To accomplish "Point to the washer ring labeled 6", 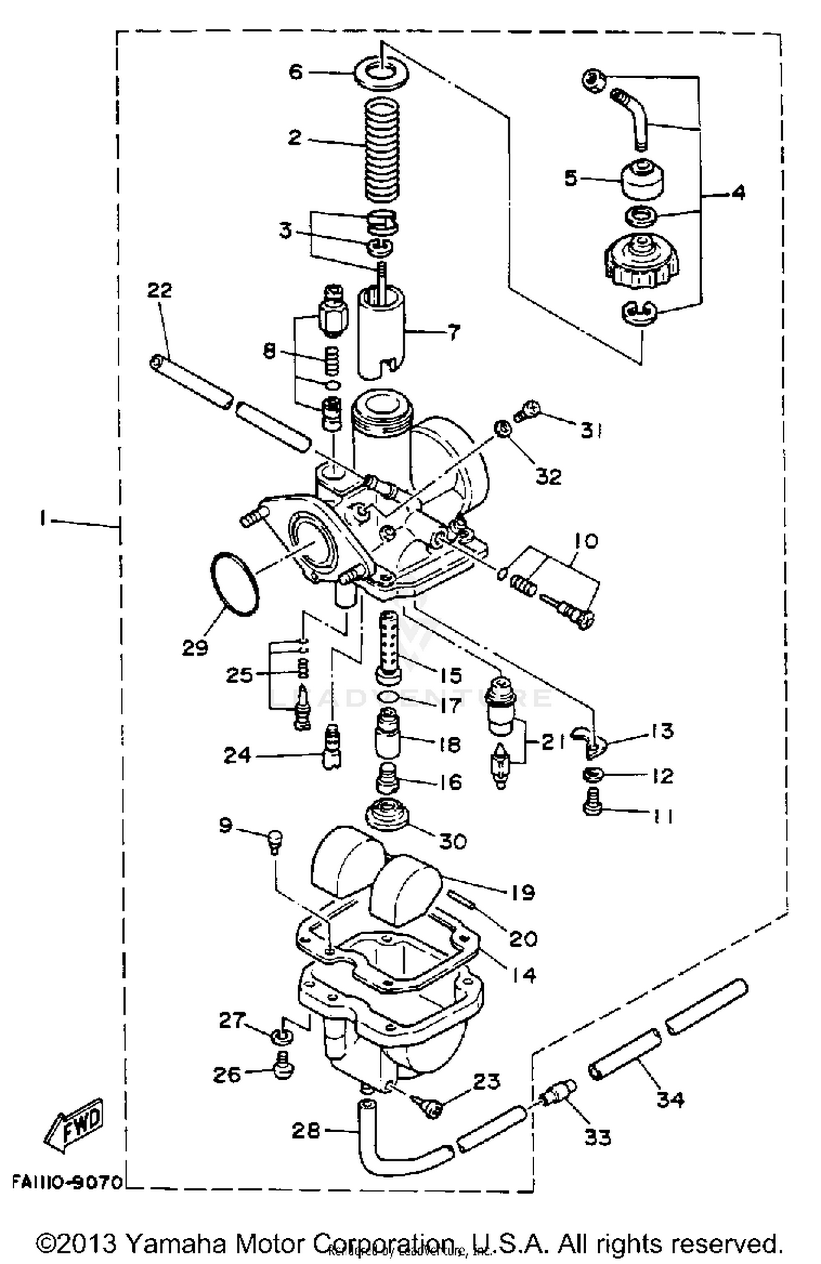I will [381, 73].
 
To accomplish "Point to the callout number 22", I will [159, 290].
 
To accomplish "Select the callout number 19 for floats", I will [523, 892].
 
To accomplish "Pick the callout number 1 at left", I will [42, 518].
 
